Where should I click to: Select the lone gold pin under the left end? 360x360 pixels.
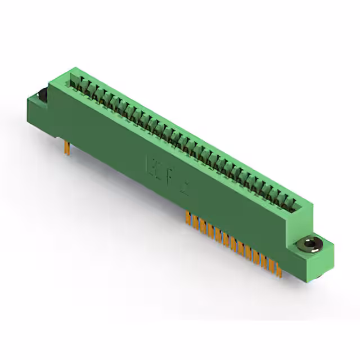click(x=67, y=147)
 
